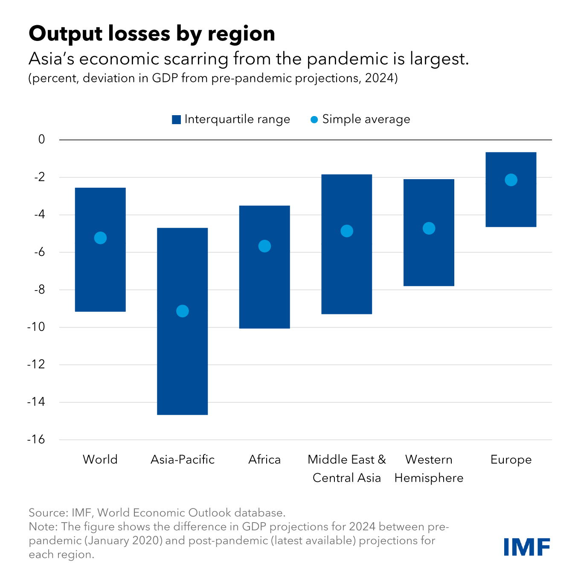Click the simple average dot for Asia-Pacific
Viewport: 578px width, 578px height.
coord(182,311)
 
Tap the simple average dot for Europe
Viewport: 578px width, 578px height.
coord(511,180)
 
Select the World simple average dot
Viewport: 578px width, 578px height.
coord(100,238)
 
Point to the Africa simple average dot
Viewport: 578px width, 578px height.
coord(264,246)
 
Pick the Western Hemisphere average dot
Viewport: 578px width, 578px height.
coord(429,229)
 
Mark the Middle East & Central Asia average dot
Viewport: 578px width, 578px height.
coord(347,231)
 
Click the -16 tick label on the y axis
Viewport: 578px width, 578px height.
coord(36,439)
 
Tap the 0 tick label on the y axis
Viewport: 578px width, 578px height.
coord(41,139)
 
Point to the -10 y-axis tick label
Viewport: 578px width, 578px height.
coord(36,327)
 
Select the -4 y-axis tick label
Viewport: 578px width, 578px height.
coord(39,215)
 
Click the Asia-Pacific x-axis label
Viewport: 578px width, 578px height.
coord(182,459)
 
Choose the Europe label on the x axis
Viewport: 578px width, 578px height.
coord(511,459)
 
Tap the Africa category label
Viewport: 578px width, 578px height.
coord(264,459)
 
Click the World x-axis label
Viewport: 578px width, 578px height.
coord(100,459)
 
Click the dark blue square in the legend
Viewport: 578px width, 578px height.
coord(176,120)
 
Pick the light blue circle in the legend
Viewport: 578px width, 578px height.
coord(314,120)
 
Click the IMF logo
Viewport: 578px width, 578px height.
coord(526,547)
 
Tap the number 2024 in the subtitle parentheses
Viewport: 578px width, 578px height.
coord(379,78)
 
